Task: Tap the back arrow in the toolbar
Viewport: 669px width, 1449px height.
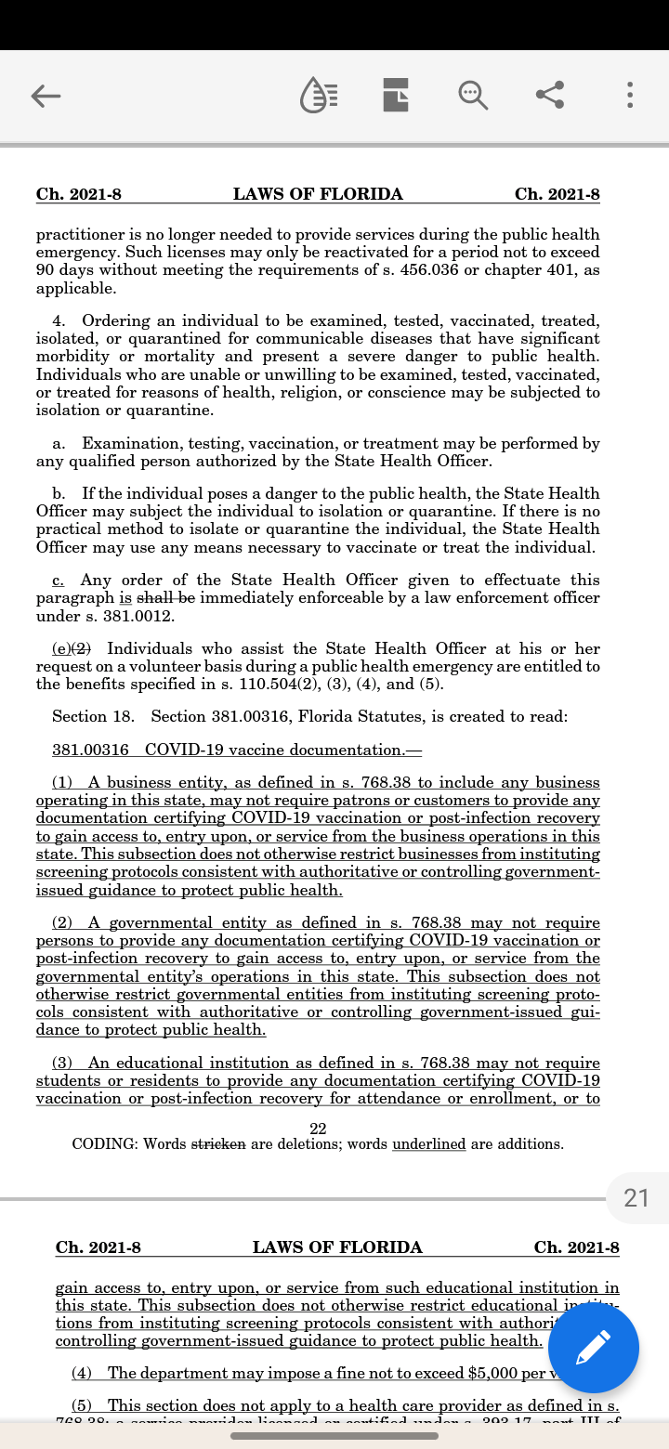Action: coord(46,96)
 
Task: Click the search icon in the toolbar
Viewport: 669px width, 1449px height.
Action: coord(472,95)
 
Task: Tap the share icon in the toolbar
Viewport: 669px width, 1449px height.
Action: coord(550,95)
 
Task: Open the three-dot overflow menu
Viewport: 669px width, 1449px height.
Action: coord(630,95)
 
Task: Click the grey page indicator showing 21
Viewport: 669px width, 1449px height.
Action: coord(636,1197)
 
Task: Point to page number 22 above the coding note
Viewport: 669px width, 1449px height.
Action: coord(318,1128)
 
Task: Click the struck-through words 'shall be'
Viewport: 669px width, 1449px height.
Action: coord(165,598)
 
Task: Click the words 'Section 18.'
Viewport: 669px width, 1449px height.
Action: coord(93,716)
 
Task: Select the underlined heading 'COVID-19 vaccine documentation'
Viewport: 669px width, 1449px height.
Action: coord(274,750)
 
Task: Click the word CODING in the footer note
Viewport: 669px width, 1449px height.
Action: coord(104,1144)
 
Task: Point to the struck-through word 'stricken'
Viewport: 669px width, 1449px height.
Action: coord(218,1144)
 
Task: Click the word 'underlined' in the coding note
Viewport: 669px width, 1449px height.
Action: coord(428,1144)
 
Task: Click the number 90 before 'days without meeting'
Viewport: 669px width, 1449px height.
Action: coord(46,270)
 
